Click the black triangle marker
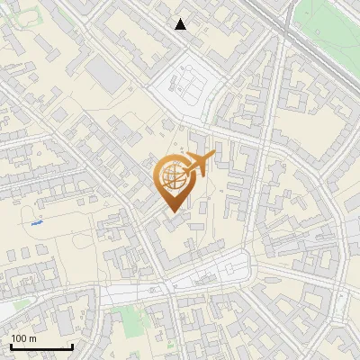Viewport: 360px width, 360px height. [181, 24]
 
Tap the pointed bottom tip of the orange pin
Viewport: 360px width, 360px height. [172, 211]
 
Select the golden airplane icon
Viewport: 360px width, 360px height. [195, 165]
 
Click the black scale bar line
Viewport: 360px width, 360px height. [41, 346]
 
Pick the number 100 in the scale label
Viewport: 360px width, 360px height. [19, 338]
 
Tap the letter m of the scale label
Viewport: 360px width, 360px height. [32, 338]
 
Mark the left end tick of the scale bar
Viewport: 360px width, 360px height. [11, 345]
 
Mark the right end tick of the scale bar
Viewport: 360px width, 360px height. [72, 345]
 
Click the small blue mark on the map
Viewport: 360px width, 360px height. [36, 221]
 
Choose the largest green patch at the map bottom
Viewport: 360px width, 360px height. [130, 318]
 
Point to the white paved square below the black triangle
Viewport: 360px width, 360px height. [187, 85]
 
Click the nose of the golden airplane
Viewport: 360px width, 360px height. [213, 157]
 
